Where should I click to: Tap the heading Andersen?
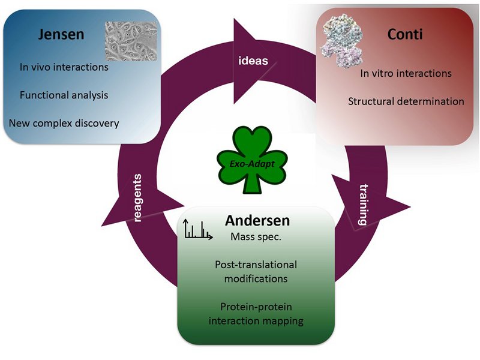click(x=257, y=220)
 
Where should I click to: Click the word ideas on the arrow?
click(x=253, y=61)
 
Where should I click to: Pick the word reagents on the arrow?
click(x=139, y=198)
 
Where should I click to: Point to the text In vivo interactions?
click(x=64, y=67)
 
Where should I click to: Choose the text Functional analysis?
click(x=64, y=95)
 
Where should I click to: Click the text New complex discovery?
click(x=64, y=124)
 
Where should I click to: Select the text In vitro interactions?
click(x=406, y=73)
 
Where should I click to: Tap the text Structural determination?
click(x=406, y=101)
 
